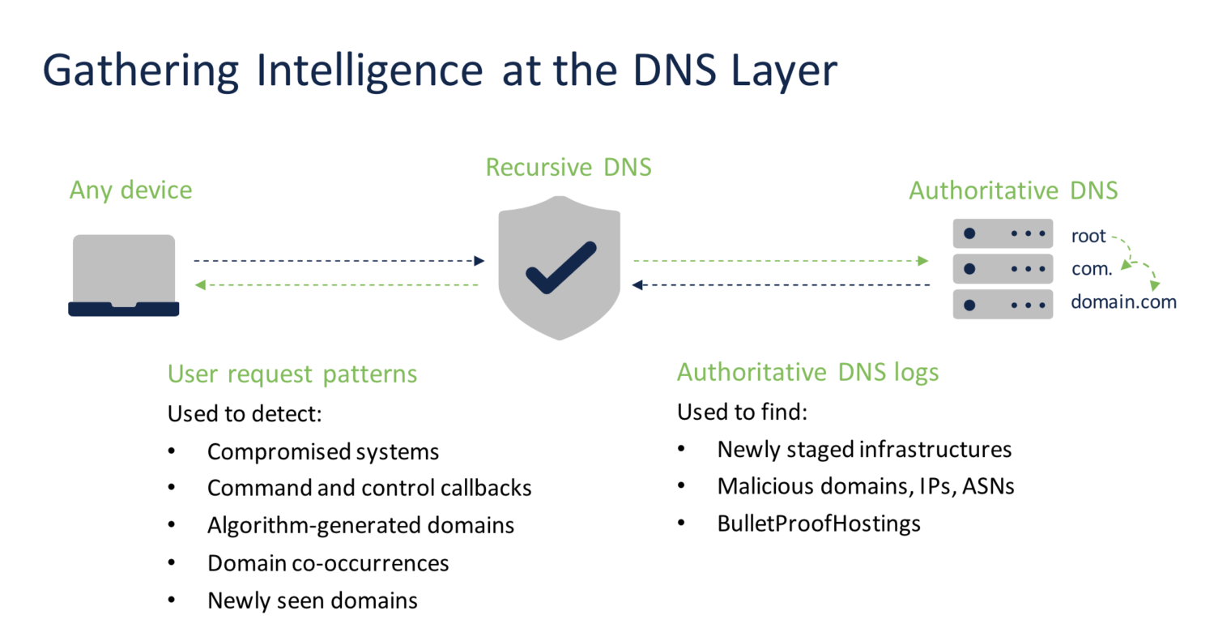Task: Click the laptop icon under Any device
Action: click(124, 275)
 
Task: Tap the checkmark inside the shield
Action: click(560, 267)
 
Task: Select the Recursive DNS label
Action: click(569, 167)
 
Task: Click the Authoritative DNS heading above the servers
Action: click(1013, 190)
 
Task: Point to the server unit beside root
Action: click(1003, 234)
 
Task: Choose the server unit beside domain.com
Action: click(1003, 305)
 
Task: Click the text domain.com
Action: click(1123, 302)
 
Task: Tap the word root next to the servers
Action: click(1088, 236)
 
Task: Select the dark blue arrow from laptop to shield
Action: click(339, 261)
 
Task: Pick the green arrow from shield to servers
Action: click(780, 261)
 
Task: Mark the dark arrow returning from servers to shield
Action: click(780, 285)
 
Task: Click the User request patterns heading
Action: click(292, 374)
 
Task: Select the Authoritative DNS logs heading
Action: click(807, 372)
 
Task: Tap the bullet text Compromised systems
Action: click(323, 451)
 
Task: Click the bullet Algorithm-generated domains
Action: click(360, 525)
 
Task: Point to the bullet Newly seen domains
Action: click(313, 600)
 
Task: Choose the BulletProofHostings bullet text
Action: click(819, 523)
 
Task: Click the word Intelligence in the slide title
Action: click(369, 71)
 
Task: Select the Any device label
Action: click(131, 190)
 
